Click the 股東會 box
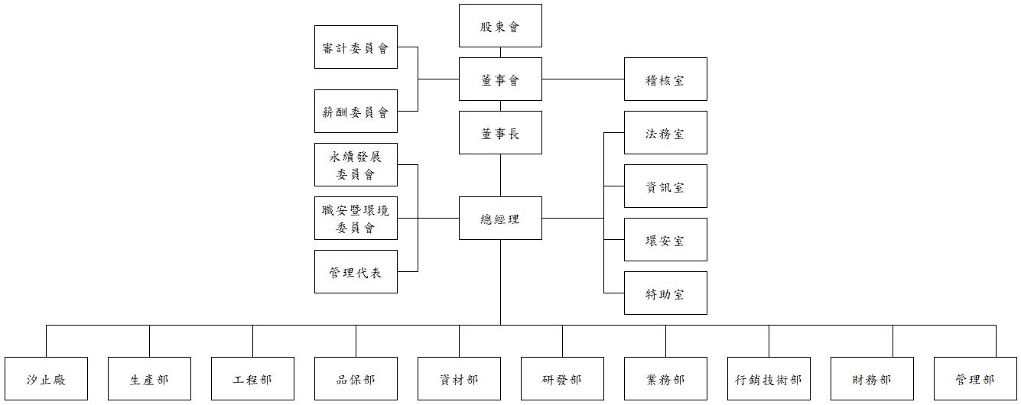(x=500, y=26)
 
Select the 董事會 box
(x=500, y=79)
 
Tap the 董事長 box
(x=500, y=133)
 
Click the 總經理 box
(x=500, y=219)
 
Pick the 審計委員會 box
(x=356, y=47)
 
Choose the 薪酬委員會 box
(x=356, y=112)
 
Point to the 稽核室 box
(x=665, y=79)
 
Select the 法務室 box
(x=665, y=133)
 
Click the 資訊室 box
(x=665, y=186)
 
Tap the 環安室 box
(x=665, y=240)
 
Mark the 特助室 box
(x=665, y=293)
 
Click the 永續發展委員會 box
(x=356, y=165)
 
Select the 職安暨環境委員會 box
(x=356, y=219)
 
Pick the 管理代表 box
(x=356, y=272)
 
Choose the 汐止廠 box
(x=46, y=379)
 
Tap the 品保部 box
(x=356, y=379)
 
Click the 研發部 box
(x=562, y=379)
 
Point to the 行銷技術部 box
(x=769, y=379)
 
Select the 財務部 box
(x=872, y=379)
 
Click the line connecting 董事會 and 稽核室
(x=583, y=79)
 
